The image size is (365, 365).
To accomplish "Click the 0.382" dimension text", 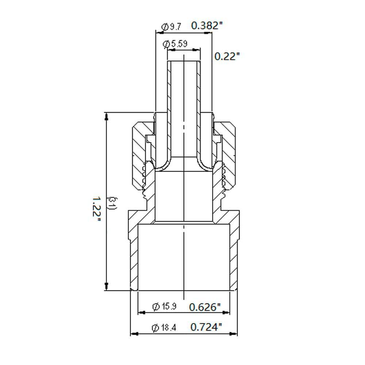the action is pyautogui.click(x=207, y=26).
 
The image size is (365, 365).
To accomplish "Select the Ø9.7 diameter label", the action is pyautogui.click(x=171, y=27).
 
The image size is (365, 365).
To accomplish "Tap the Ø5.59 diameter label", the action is pyautogui.click(x=175, y=44).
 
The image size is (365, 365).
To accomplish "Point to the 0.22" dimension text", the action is pyautogui.click(x=227, y=56).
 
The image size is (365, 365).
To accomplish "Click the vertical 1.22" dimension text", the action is pyautogui.click(x=96, y=209).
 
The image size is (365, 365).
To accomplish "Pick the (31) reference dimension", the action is pyautogui.click(x=113, y=203).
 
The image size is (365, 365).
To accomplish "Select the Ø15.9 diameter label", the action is pyautogui.click(x=164, y=306).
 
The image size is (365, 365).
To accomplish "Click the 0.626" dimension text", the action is pyautogui.click(x=205, y=307).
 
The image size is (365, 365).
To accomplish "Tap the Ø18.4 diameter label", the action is pyautogui.click(x=164, y=328).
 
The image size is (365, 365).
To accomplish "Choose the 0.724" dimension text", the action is pyautogui.click(x=206, y=327).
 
